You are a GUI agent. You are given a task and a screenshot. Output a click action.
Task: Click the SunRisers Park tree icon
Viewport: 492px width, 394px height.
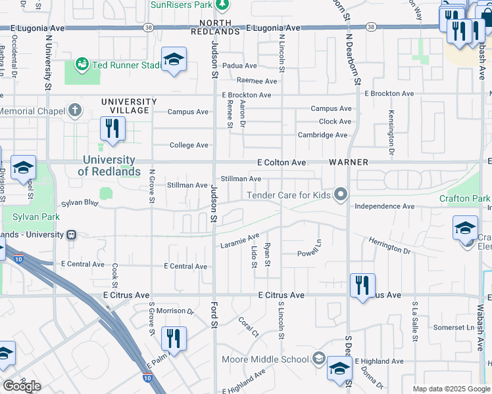point(223,5)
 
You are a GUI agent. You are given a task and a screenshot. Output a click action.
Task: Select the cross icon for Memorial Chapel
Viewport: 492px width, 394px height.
point(76,110)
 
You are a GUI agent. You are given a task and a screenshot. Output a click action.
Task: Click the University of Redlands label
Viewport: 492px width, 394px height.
point(109,165)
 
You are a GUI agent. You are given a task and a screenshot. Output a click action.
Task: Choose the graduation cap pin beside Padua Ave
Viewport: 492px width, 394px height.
point(174,60)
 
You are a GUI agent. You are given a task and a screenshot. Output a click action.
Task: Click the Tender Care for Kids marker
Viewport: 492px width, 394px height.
point(340,194)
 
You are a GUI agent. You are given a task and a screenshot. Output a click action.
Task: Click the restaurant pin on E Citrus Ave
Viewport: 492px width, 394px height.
point(362,286)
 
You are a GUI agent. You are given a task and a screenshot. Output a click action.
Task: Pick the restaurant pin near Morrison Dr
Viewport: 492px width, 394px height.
point(174,339)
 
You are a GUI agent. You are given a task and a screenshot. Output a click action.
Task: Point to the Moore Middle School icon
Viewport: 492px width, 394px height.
point(318,359)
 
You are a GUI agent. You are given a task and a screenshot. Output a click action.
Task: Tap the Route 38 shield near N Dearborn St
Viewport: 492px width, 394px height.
point(372,27)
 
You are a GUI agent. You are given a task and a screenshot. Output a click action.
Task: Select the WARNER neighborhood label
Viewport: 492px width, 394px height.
point(347,162)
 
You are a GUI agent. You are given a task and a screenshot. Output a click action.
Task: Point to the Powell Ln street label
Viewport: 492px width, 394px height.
point(309,253)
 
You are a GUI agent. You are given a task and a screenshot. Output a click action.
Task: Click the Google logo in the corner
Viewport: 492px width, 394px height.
point(22,386)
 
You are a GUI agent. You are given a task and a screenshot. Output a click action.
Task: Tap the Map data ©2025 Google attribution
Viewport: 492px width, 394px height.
point(451,389)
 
